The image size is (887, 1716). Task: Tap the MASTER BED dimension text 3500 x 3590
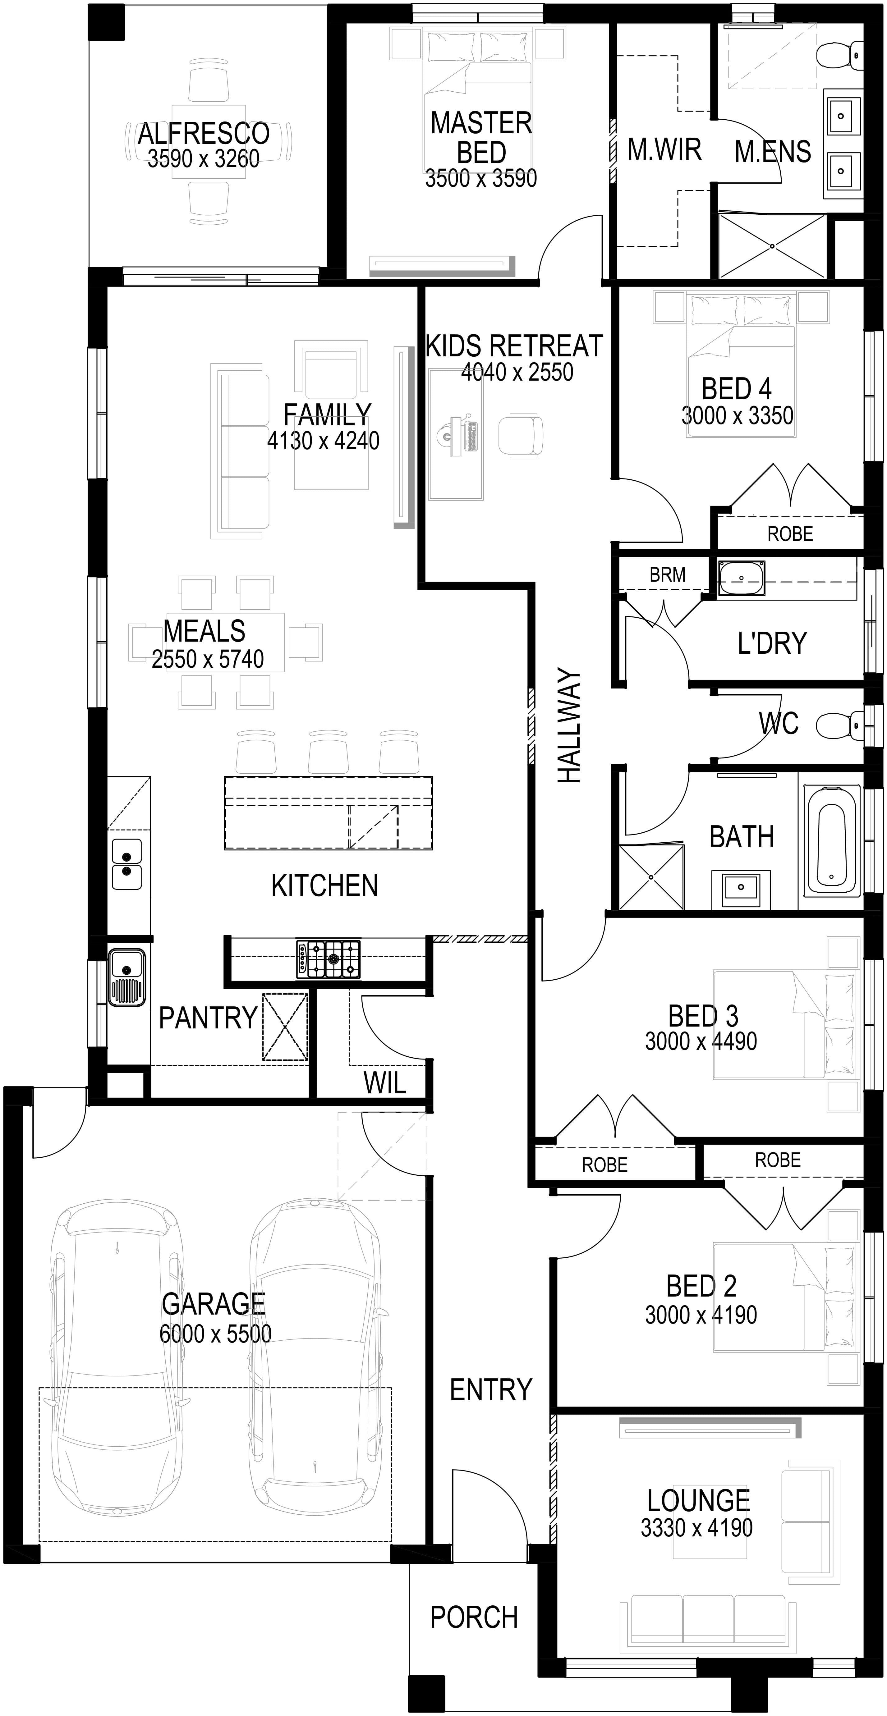[x=481, y=179]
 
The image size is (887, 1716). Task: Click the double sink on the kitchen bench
[x=126, y=864]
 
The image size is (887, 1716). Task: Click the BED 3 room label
[x=703, y=1016]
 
